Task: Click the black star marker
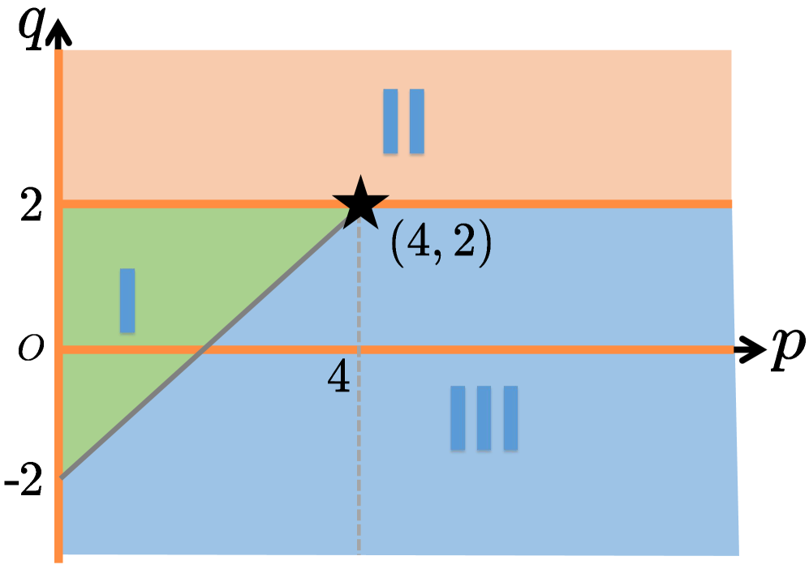coord(359,203)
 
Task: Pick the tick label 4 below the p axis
coord(340,377)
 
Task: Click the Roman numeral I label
coord(127,301)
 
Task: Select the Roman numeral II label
coord(403,121)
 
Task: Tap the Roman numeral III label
coord(484,417)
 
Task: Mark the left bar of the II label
coord(390,121)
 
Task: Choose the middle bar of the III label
coord(484,417)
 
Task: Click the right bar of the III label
coord(510,417)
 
